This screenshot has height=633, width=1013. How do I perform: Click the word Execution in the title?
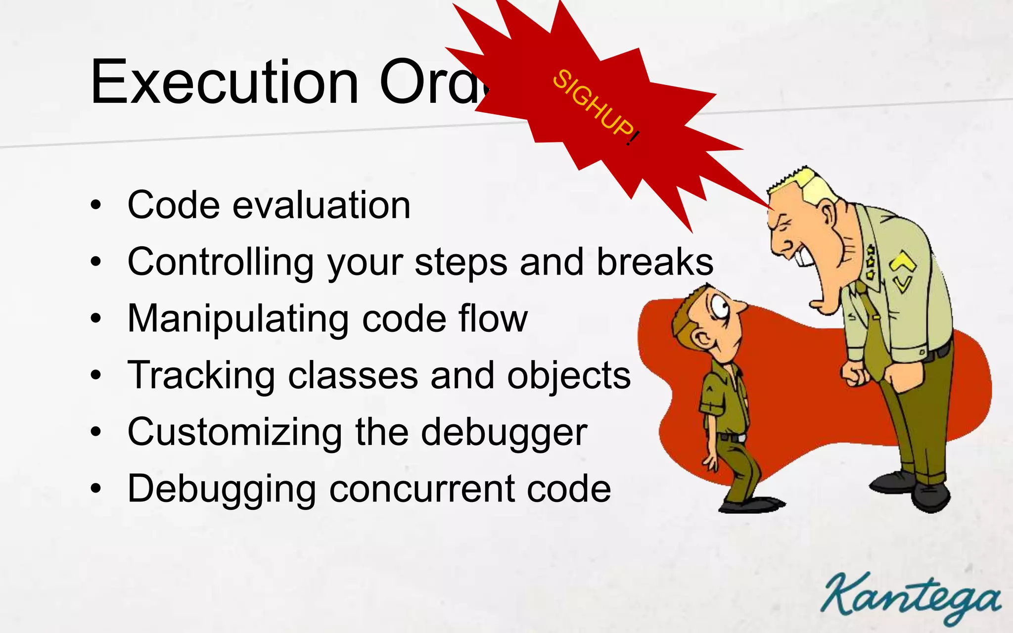pyautogui.click(x=224, y=82)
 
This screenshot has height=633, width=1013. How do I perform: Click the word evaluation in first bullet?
pyautogui.click(x=322, y=205)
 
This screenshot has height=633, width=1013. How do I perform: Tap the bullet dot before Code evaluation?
pyautogui.click(x=96, y=205)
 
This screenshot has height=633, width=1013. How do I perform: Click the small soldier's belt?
pyautogui.click(x=732, y=438)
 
